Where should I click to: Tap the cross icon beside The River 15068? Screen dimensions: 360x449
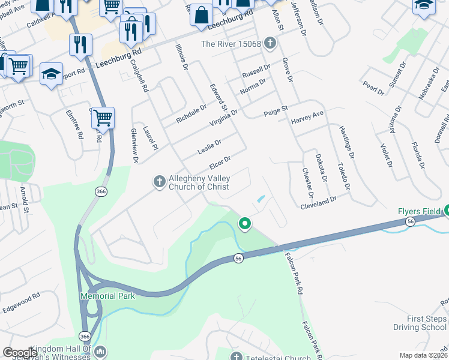[270, 43]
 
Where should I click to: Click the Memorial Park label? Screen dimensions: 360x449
[108, 296]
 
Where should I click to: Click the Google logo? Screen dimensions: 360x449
[19, 353]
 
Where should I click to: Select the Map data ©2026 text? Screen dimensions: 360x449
[423, 355]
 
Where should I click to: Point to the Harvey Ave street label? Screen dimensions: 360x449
[307, 117]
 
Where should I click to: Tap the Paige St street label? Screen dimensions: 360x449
[276, 110]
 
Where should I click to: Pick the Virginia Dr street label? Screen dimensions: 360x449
[223, 116]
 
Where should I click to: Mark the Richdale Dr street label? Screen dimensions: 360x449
[191, 115]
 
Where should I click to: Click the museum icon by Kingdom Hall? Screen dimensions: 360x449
[100, 350]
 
